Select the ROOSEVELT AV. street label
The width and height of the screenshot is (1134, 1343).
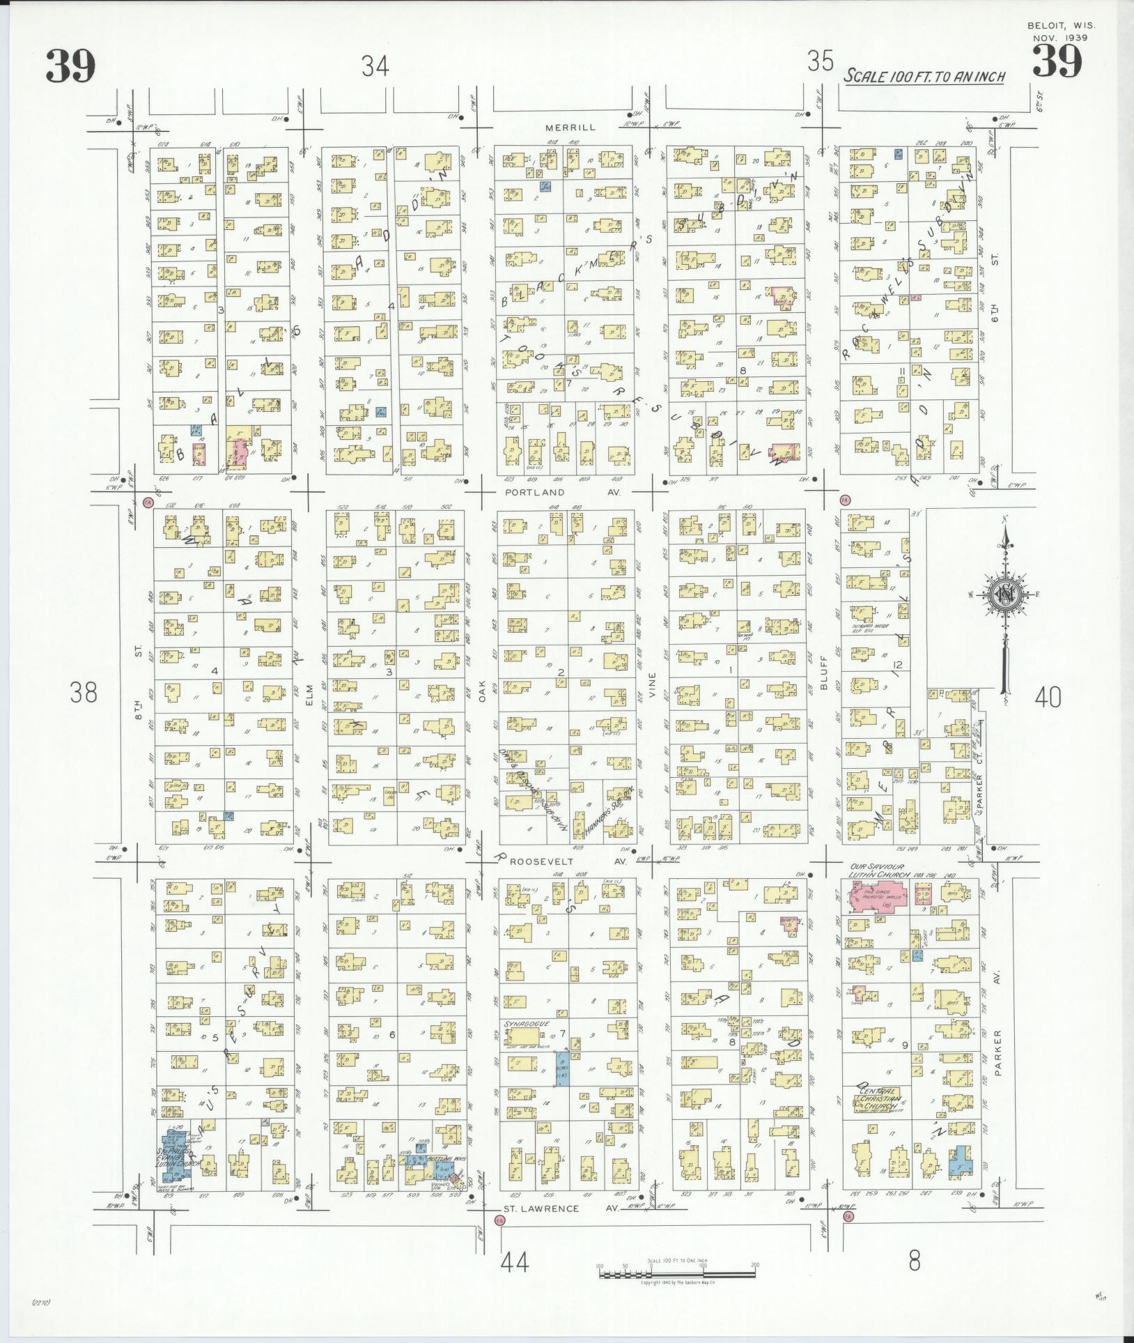pyautogui.click(x=568, y=862)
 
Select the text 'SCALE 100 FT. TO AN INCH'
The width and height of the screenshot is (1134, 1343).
pyautogui.click(x=925, y=76)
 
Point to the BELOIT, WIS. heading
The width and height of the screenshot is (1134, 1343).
pyautogui.click(x=1062, y=26)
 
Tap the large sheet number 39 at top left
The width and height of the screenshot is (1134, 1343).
pyautogui.click(x=70, y=67)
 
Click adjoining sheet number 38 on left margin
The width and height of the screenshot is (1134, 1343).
pyautogui.click(x=84, y=693)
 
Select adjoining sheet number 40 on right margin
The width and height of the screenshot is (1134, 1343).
pyautogui.click(x=1048, y=697)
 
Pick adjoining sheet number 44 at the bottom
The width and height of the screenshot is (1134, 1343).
pyautogui.click(x=515, y=1261)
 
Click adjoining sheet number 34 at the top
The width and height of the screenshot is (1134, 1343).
pyautogui.click(x=375, y=66)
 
